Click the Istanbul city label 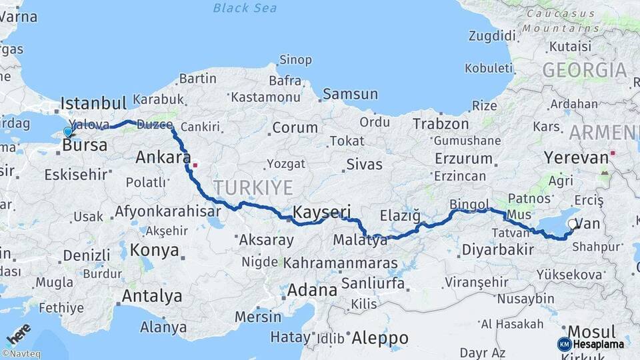(x=93, y=103)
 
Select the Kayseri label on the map (x=322, y=213)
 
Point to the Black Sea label (x=245, y=8)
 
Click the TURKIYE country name (x=253, y=188)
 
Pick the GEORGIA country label (x=584, y=70)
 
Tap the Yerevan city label (x=576, y=158)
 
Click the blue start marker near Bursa (x=67, y=132)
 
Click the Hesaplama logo (x=591, y=344)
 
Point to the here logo (x=18, y=333)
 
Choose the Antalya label (x=152, y=295)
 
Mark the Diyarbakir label (x=497, y=250)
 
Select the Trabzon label (x=440, y=123)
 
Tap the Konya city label (x=155, y=250)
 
